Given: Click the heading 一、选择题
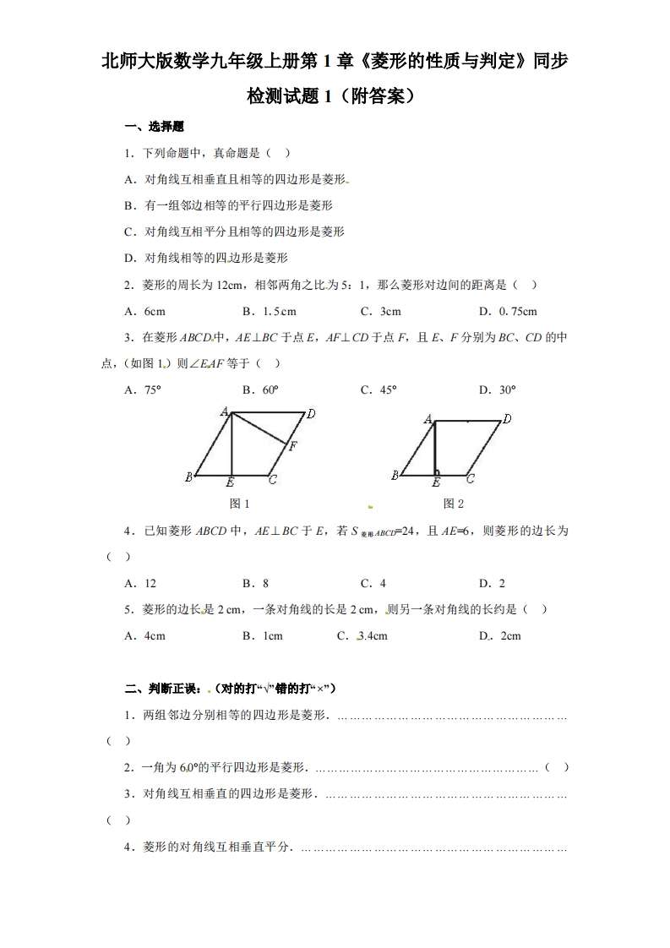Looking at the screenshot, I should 154,127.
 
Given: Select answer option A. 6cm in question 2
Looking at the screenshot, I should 144,311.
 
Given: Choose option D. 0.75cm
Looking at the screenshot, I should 508,311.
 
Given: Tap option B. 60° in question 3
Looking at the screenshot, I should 260,390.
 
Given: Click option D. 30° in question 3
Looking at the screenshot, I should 497,390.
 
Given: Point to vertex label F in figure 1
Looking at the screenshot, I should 292,446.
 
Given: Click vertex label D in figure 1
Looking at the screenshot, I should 311,414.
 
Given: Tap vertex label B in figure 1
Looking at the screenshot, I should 188,477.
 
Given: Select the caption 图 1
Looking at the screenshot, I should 240,504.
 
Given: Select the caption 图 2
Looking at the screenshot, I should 454,504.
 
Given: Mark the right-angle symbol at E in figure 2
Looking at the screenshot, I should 437,471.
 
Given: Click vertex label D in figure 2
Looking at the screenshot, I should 507,418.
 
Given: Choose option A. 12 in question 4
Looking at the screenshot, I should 140,583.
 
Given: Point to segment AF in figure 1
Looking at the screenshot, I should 260,427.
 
